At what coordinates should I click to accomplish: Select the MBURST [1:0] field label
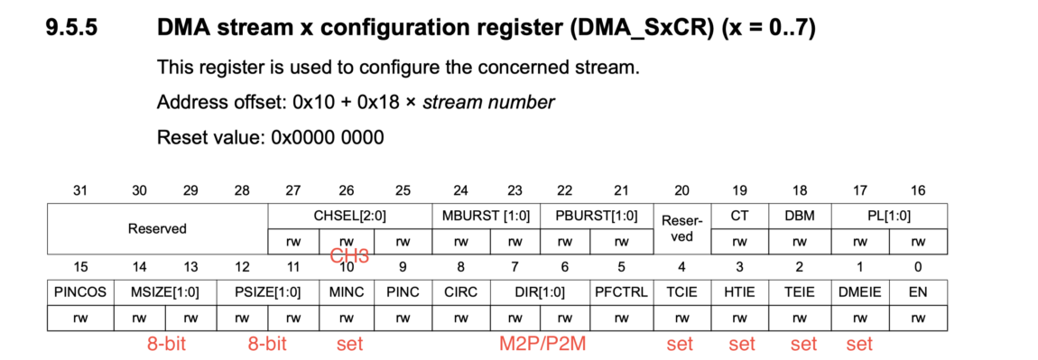point(487,216)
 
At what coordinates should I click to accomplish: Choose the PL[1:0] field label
point(889,216)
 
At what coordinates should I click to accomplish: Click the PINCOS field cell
point(79,292)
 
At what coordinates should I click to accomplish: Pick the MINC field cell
point(346,292)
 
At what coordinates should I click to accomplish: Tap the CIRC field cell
point(460,292)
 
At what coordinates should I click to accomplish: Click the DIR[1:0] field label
point(539,292)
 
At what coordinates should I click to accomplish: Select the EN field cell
point(918,292)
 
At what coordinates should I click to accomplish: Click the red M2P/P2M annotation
point(540,344)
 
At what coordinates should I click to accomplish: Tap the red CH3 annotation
point(349,256)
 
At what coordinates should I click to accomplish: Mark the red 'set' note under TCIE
point(680,344)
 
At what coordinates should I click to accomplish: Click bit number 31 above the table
point(80,190)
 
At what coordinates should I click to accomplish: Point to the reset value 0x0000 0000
point(328,138)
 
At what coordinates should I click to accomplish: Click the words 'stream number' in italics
point(488,102)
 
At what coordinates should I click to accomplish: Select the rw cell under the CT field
point(739,242)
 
